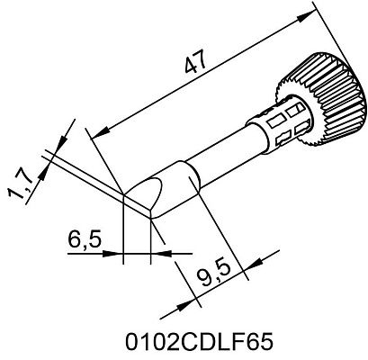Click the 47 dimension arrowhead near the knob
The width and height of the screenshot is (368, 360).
click(316, 11)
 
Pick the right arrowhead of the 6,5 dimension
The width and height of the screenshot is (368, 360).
click(156, 256)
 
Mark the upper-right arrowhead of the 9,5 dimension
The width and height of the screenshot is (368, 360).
click(250, 262)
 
